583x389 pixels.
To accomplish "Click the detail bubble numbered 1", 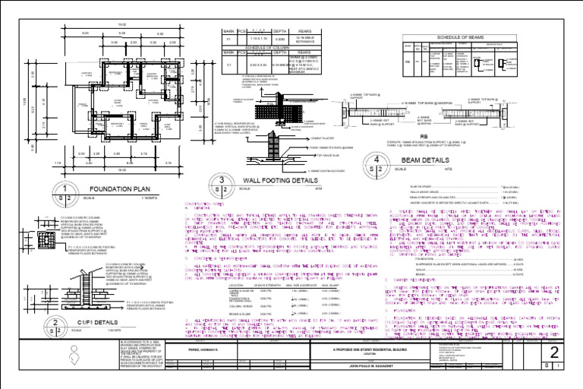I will click(66, 191).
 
